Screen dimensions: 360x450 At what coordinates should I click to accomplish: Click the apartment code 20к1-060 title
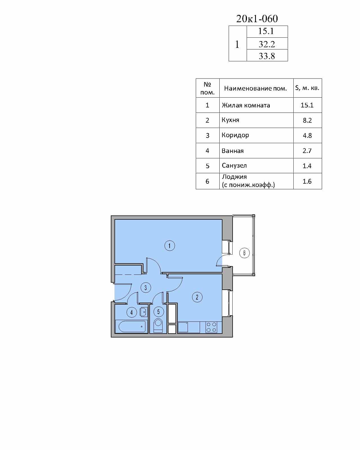(x=257, y=19)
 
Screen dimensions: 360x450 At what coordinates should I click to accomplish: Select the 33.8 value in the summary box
(x=267, y=56)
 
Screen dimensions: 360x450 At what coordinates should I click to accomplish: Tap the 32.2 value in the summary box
(x=267, y=44)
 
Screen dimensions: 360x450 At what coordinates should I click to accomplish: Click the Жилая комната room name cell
(x=246, y=105)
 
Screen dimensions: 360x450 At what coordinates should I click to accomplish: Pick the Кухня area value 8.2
(x=307, y=120)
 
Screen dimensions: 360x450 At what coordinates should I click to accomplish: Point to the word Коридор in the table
(x=235, y=135)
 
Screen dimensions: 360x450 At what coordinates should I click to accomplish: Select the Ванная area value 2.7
(x=307, y=150)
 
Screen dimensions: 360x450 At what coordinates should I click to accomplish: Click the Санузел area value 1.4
(x=307, y=166)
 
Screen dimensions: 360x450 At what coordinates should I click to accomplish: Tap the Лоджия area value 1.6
(x=307, y=181)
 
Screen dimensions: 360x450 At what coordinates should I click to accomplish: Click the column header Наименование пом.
(x=255, y=88)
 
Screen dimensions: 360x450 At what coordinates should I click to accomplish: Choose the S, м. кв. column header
(x=307, y=88)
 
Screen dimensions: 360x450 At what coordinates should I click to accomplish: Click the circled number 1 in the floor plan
(x=170, y=246)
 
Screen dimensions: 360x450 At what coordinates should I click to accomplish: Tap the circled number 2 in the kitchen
(x=197, y=297)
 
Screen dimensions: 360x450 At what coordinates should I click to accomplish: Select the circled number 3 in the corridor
(x=146, y=288)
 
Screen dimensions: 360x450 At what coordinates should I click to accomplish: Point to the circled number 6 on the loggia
(x=244, y=253)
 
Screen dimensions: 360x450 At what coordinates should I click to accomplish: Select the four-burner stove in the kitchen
(x=211, y=327)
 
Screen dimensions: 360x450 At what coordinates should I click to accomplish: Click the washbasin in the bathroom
(x=144, y=312)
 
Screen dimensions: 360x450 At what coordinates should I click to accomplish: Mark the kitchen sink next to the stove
(x=183, y=327)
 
